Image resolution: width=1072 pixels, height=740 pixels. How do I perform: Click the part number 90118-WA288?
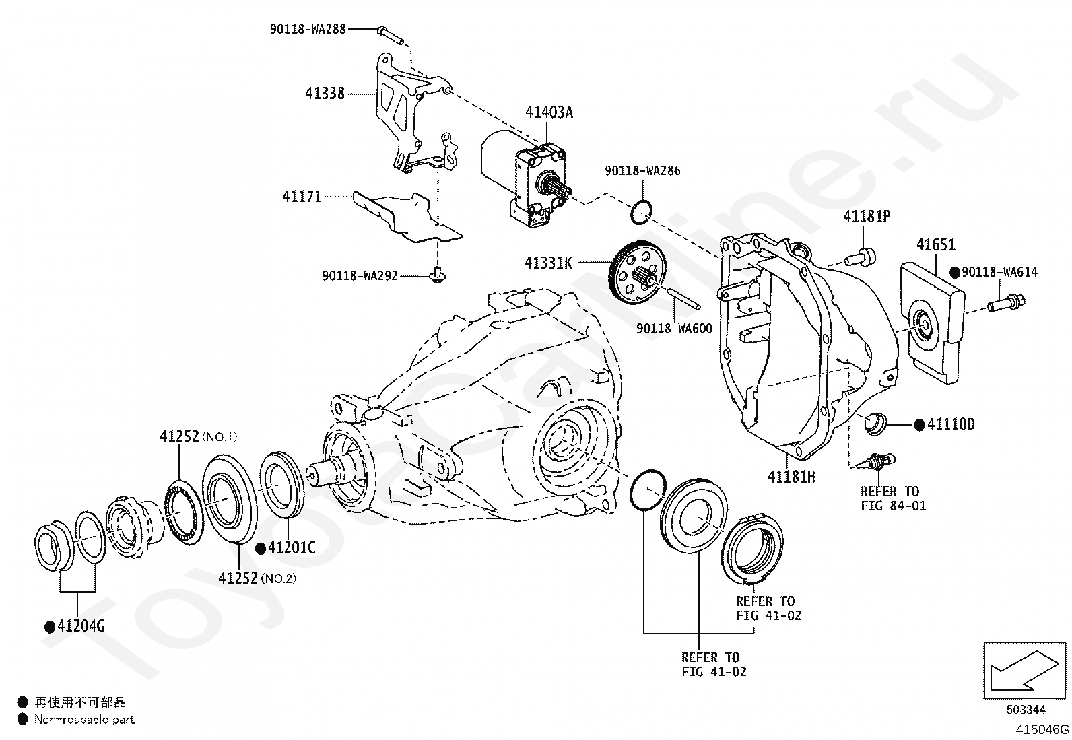(307, 29)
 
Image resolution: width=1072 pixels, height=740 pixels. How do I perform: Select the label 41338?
(325, 93)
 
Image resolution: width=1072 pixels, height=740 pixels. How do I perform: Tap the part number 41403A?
(549, 112)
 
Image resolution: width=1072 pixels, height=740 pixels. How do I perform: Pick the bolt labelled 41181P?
(860, 257)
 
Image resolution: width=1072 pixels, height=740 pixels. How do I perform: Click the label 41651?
(935, 245)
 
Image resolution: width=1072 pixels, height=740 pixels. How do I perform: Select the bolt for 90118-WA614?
(1007, 303)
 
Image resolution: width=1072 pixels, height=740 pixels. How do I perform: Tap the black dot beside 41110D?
(919, 425)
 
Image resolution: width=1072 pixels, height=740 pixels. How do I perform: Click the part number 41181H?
(791, 477)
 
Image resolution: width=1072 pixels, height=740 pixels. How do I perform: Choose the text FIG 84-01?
(893, 506)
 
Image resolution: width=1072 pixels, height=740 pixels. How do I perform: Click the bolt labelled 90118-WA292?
(436, 275)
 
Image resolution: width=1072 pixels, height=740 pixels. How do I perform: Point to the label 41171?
(302, 196)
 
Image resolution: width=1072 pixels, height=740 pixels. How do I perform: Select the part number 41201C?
(292, 548)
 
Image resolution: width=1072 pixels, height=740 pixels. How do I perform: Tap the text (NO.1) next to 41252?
(220, 437)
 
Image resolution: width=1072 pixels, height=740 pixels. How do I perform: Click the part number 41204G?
(81, 626)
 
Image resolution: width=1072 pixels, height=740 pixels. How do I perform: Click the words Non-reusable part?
(84, 719)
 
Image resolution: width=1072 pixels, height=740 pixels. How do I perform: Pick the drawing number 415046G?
(1042, 729)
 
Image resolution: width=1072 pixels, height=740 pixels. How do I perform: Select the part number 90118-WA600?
(674, 329)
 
